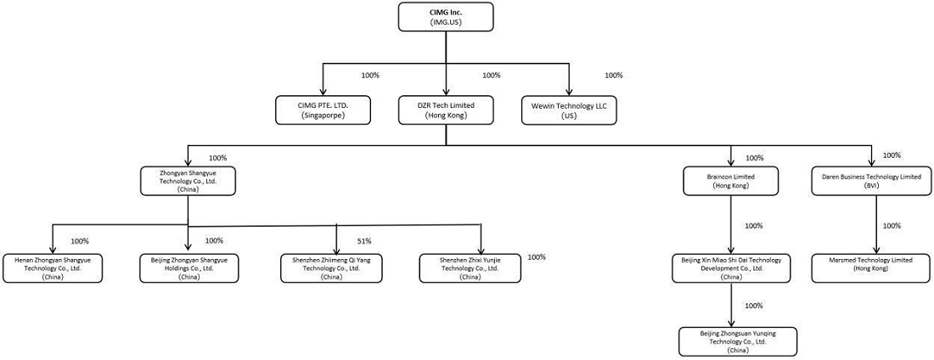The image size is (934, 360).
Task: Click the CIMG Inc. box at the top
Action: click(x=446, y=17)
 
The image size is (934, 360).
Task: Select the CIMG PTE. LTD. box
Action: click(x=323, y=110)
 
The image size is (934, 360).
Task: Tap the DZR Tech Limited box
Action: click(x=446, y=110)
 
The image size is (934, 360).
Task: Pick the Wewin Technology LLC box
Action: click(x=570, y=110)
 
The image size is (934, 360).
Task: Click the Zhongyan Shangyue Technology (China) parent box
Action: click(x=188, y=181)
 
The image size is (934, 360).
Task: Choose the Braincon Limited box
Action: click(x=730, y=181)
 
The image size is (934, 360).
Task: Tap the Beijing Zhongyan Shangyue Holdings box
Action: click(x=188, y=268)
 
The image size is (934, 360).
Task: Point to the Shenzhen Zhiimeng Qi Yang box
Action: click(x=331, y=268)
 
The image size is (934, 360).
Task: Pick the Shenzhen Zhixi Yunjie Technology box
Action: click(x=469, y=268)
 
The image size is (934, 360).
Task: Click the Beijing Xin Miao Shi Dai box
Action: click(x=730, y=268)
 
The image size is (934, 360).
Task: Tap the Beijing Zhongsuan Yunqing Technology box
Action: click(x=730, y=341)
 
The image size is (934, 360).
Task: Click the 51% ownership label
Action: click(x=364, y=241)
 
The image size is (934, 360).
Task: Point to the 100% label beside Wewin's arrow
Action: click(x=614, y=75)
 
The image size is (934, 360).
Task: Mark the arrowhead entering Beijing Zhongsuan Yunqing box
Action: click(x=731, y=323)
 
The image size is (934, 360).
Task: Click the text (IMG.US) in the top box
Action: click(x=446, y=22)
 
